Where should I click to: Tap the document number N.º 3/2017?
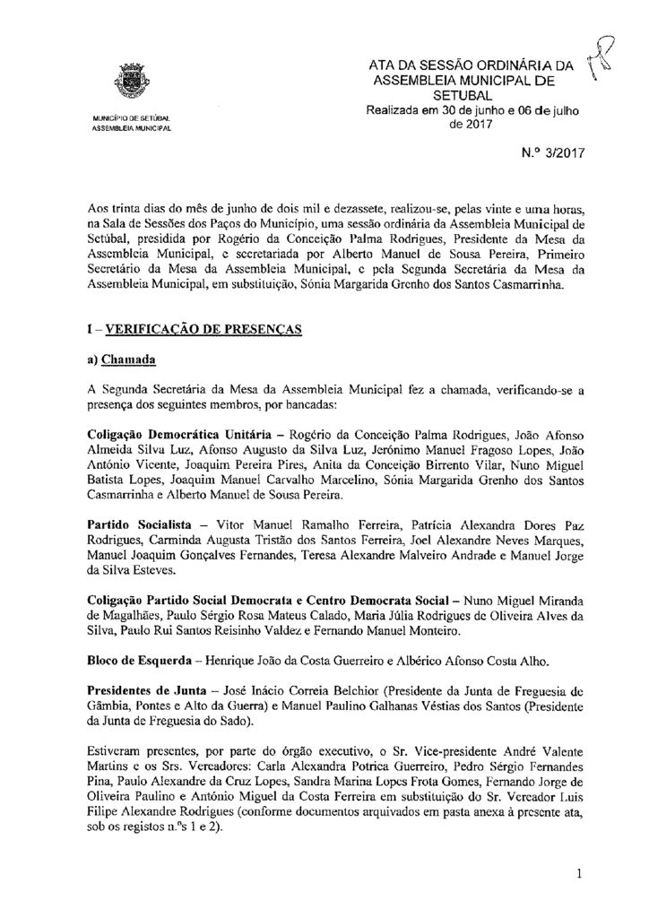[x=556, y=153]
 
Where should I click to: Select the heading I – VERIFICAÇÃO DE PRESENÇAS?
[x=191, y=330]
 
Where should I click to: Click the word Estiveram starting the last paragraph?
[x=113, y=749]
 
